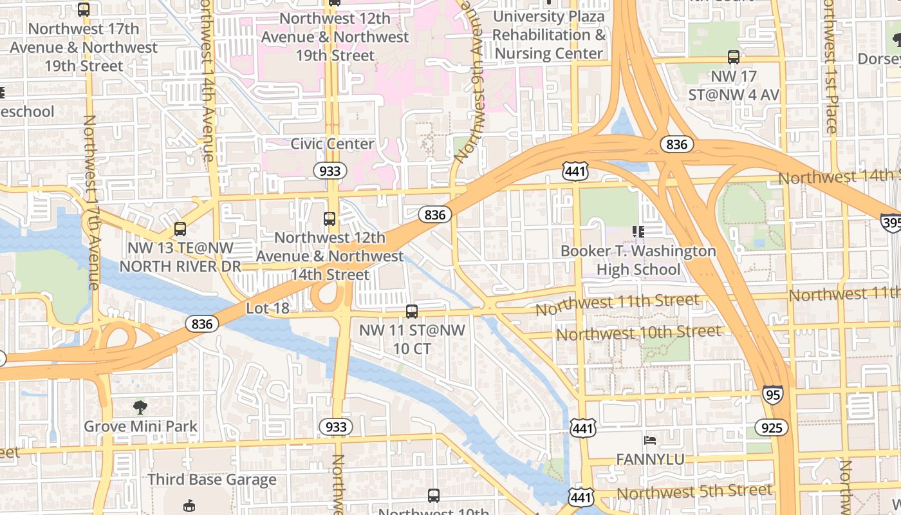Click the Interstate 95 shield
coord(773,394)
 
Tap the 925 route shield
coord(771,428)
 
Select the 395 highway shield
coord(891,222)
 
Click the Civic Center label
coord(332,144)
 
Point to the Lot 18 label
coord(268,308)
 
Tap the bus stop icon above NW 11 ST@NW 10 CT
coord(412,312)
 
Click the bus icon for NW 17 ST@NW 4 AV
coord(734,57)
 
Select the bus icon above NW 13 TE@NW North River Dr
coord(180,229)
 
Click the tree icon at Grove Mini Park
coord(140,407)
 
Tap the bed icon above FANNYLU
coord(650,440)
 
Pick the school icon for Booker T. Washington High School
coord(638,231)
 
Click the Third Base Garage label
coord(212,480)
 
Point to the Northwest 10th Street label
coord(638,333)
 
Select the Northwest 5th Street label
coord(694,492)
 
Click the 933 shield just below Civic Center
coord(330,171)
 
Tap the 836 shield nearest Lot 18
coord(202,324)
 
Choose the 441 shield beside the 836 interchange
coord(574,171)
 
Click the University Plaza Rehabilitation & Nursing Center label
coord(549,35)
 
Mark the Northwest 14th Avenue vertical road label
coord(207,80)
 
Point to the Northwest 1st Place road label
coord(831,68)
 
